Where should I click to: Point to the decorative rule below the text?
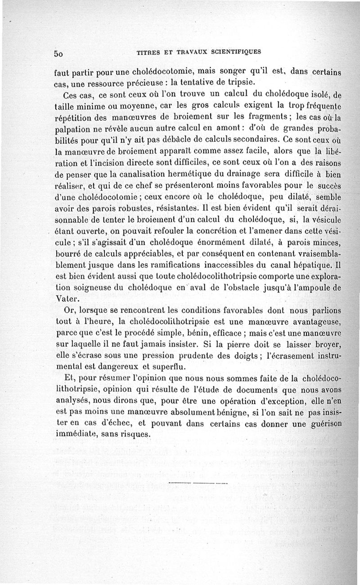pyautogui.click(x=197, y=482)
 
